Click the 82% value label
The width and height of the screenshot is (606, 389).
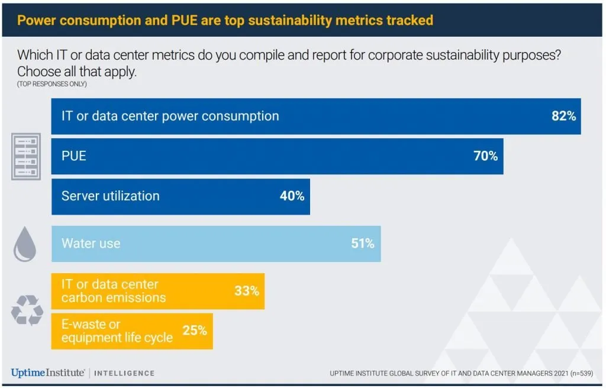coord(563,116)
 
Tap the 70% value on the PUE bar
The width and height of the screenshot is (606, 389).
coord(485,157)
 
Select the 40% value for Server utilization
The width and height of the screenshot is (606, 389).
coord(292,196)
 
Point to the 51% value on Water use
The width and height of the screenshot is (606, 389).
coord(362,243)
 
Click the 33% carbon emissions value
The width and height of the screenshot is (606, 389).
coord(246,291)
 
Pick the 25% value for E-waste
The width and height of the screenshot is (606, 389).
coord(194,330)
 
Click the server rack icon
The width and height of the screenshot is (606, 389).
coord(26,156)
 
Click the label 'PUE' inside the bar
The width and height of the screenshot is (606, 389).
coord(74,157)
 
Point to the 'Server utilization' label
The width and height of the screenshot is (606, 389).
coord(110,196)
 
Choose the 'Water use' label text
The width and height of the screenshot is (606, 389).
coord(91,243)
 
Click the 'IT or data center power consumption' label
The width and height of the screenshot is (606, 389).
coord(170,116)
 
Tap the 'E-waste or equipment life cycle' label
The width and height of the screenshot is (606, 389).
coord(117,331)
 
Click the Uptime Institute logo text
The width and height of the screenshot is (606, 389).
coord(47,372)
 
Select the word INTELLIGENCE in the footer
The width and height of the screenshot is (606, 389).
coord(124,373)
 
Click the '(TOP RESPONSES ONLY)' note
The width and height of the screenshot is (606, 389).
coord(52,84)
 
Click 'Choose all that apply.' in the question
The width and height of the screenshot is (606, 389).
coord(76,72)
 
